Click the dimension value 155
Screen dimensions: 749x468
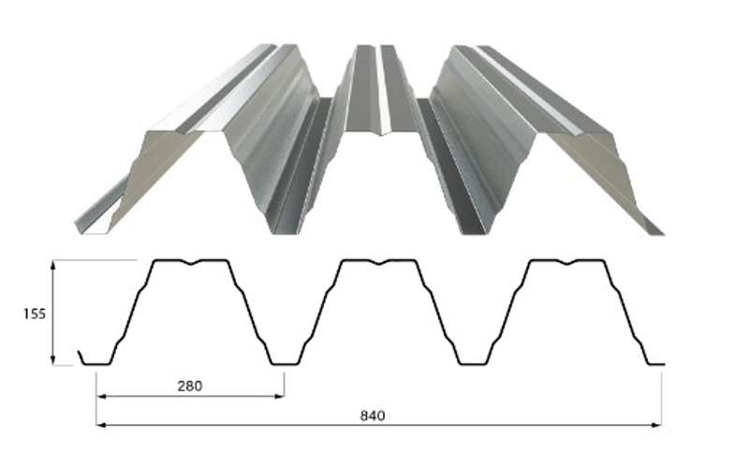pyautogui.click(x=35, y=314)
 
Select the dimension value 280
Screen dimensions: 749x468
pyautogui.click(x=190, y=386)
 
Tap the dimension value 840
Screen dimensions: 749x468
pyautogui.click(x=372, y=416)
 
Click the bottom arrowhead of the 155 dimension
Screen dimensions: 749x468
pyautogui.click(x=53, y=360)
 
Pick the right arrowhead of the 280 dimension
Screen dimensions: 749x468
pyautogui.click(x=279, y=396)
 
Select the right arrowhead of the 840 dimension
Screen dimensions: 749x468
pyautogui.click(x=656, y=425)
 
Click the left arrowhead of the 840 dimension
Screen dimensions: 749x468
pyautogui.click(x=102, y=425)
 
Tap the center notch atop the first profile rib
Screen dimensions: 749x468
pyautogui.click(x=191, y=262)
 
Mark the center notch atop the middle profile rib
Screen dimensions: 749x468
pyautogui.click(x=379, y=262)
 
